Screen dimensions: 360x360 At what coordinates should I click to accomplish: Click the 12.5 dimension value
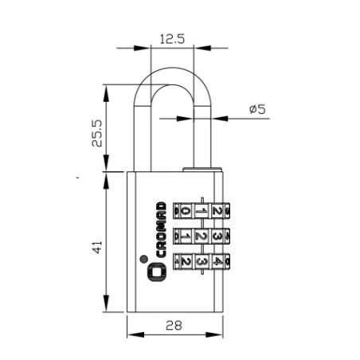coord(172,39)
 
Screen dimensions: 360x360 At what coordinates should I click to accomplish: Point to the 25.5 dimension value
coord(97,133)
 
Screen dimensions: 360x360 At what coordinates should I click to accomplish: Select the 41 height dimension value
coord(97,247)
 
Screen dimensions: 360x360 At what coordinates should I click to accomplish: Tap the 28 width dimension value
coord(174,325)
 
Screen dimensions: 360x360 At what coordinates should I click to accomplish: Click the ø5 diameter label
coord(257,109)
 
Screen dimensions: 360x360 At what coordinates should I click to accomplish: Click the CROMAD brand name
coord(161,229)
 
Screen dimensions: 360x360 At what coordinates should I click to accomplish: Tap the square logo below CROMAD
coord(157,272)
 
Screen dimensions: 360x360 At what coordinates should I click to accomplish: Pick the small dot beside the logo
coord(143,259)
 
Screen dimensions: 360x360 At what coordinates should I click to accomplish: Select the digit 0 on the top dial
coord(186,211)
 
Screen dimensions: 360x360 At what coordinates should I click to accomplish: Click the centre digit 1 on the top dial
coord(202,211)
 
